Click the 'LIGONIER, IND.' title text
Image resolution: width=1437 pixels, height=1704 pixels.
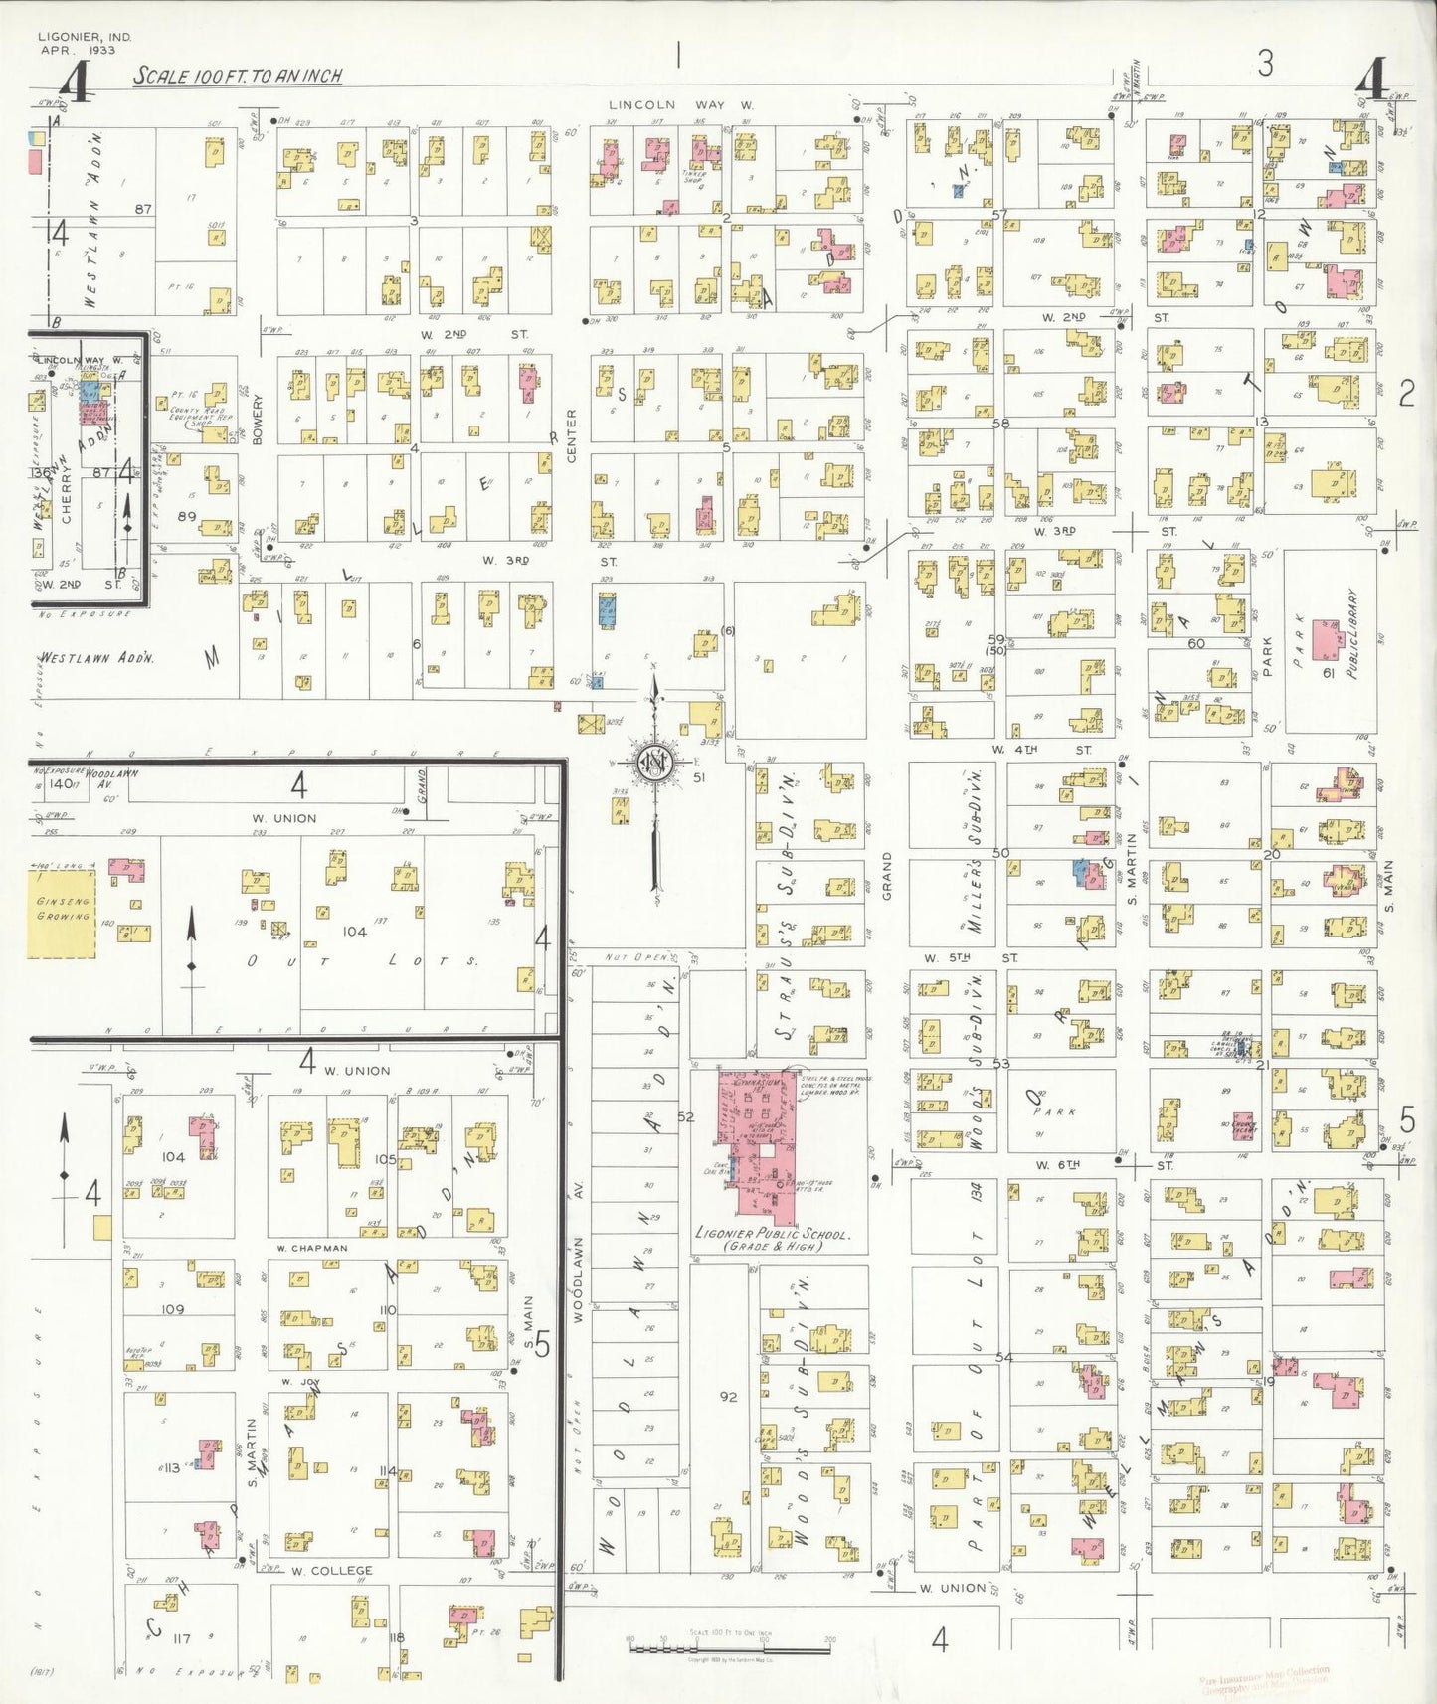tap(84, 37)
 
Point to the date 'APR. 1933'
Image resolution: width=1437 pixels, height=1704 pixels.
tap(78, 50)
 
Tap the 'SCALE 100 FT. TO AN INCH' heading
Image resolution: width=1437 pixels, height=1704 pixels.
tap(238, 76)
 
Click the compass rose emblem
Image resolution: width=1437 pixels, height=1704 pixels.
tap(654, 764)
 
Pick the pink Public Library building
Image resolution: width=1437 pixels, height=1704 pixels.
tap(1326, 639)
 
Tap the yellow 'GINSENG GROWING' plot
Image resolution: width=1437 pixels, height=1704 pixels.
tap(63, 913)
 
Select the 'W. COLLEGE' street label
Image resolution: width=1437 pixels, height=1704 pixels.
tap(332, 1572)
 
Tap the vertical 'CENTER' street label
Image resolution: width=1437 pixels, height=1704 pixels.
tap(572, 434)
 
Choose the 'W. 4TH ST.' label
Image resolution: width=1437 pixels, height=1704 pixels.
tap(1041, 749)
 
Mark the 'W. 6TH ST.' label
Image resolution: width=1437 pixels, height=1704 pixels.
tap(1102, 1164)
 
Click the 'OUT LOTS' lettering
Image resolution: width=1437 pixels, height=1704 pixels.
tap(362, 961)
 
